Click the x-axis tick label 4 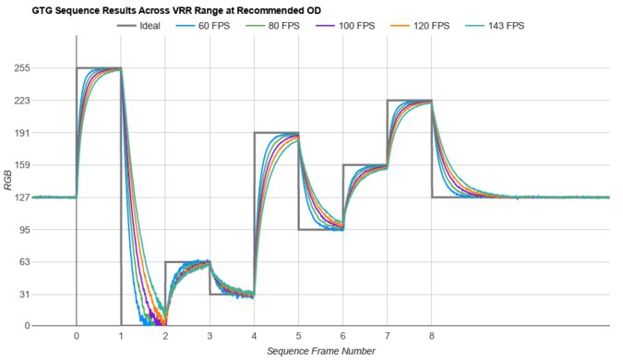[254, 337]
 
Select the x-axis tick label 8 [432, 337]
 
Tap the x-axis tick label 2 [165, 337]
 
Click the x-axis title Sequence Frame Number [320, 352]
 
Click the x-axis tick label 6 [342, 337]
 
